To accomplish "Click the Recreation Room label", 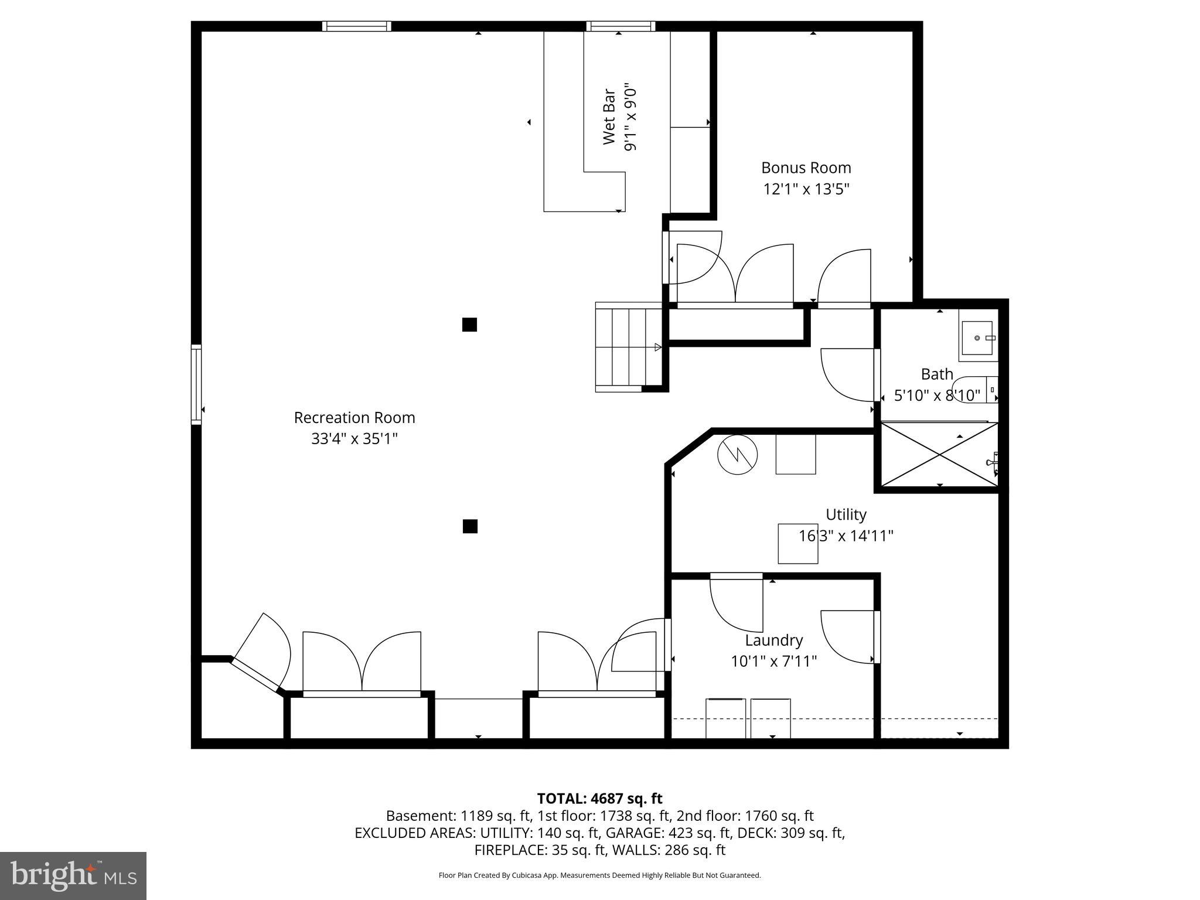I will pyautogui.click(x=354, y=418).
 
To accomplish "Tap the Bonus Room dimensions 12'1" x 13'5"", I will pyautogui.click(x=806, y=189).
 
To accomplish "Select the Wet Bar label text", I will pyautogui.click(x=609, y=117).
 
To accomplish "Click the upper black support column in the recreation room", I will pyautogui.click(x=469, y=325).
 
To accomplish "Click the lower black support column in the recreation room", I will pyautogui.click(x=469, y=526).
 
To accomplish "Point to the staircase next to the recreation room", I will pyautogui.click(x=627, y=347).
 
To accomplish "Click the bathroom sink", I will pyautogui.click(x=977, y=339).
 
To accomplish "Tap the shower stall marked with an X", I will pyautogui.click(x=939, y=455).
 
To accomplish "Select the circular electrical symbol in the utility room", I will pyautogui.click(x=737, y=454).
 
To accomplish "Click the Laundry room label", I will pyautogui.click(x=773, y=640).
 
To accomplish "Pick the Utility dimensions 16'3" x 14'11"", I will pyautogui.click(x=846, y=536).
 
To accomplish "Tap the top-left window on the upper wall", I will pyautogui.click(x=357, y=26).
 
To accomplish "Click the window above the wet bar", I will pyautogui.click(x=621, y=26).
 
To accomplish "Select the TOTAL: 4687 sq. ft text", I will pyautogui.click(x=599, y=799).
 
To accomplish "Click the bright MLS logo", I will pyautogui.click(x=73, y=875).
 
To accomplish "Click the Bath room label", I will pyautogui.click(x=936, y=374).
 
